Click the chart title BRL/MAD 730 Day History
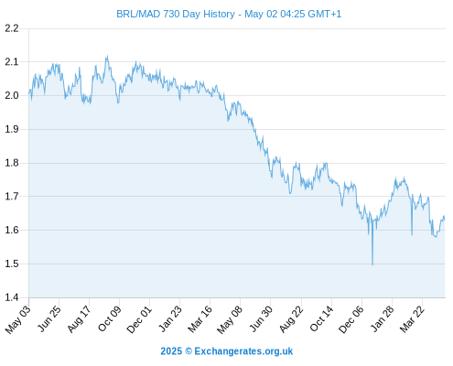176,14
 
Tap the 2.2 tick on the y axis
12,28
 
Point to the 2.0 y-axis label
12,95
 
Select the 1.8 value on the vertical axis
12,163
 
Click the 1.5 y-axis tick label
12,264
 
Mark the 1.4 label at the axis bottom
12,297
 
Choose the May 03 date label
18,318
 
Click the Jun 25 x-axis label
49,318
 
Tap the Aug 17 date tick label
79,318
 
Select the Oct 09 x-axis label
109,318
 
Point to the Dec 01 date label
139,319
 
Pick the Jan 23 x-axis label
170,318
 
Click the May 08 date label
230,319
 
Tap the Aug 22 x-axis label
291,318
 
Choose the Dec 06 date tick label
351,319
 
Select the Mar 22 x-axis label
412,318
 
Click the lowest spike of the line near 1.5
372,264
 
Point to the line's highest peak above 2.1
107,56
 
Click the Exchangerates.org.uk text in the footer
243,351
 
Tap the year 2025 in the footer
171,351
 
